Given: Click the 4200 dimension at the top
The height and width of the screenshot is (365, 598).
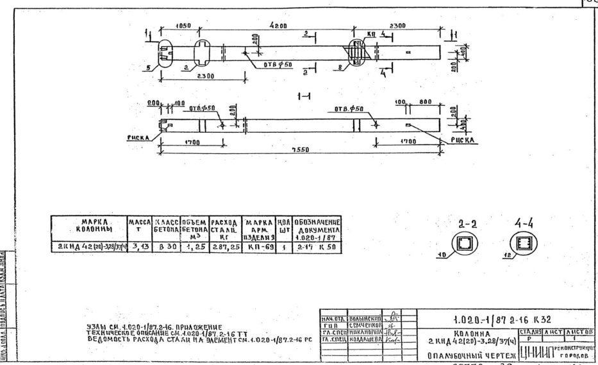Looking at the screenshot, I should point(281,26).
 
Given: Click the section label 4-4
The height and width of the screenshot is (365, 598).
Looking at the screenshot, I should point(520,225).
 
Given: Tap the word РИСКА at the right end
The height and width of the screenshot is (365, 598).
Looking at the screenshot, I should point(459,136).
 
